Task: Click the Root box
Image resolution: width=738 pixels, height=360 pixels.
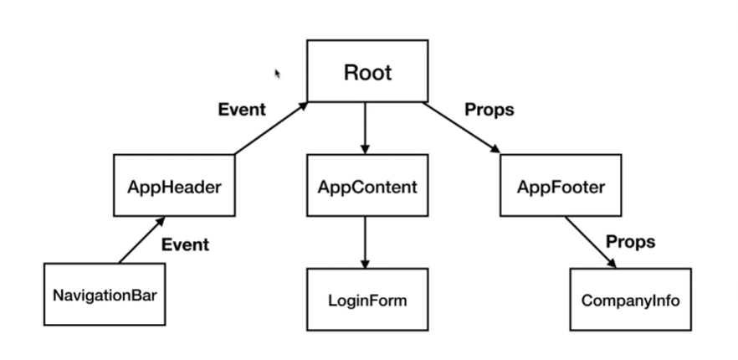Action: tap(367, 73)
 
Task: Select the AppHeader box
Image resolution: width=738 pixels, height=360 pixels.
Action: tap(174, 186)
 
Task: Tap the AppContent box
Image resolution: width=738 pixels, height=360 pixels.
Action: tap(366, 186)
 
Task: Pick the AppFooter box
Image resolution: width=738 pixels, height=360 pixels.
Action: tap(560, 186)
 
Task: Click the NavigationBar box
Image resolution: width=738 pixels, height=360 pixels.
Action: tap(103, 295)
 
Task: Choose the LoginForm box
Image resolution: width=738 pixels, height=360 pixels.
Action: tap(366, 299)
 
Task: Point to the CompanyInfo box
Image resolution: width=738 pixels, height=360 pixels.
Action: tap(630, 299)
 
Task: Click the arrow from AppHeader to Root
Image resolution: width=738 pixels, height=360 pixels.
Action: tap(271, 128)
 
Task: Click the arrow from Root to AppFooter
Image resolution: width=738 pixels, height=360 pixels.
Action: tap(463, 128)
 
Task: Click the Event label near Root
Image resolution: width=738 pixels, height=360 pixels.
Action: tap(242, 110)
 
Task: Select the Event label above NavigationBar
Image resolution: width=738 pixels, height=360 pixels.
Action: tap(185, 245)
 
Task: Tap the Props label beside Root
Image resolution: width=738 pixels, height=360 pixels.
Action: tap(489, 110)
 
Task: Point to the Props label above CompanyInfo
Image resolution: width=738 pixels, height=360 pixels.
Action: tap(630, 242)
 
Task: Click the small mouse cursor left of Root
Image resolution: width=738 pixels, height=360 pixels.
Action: tap(278, 74)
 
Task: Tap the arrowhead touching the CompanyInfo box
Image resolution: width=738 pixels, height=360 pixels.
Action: tap(613, 264)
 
